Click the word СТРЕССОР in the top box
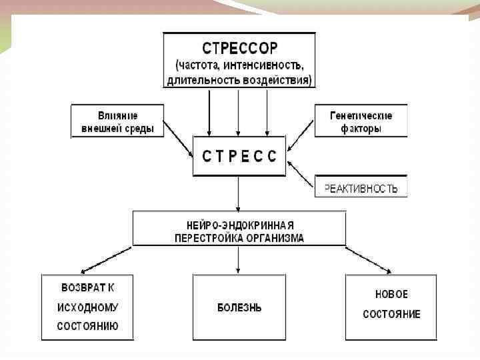click(x=239, y=49)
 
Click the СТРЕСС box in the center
click(x=239, y=156)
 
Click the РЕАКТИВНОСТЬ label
click(x=361, y=188)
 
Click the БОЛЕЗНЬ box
click(x=239, y=307)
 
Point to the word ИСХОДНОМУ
click(x=88, y=307)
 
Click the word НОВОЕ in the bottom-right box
click(x=391, y=294)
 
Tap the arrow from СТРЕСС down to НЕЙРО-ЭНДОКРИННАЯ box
click(x=239, y=193)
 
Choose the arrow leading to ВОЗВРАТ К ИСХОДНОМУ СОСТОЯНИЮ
click(x=105, y=259)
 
